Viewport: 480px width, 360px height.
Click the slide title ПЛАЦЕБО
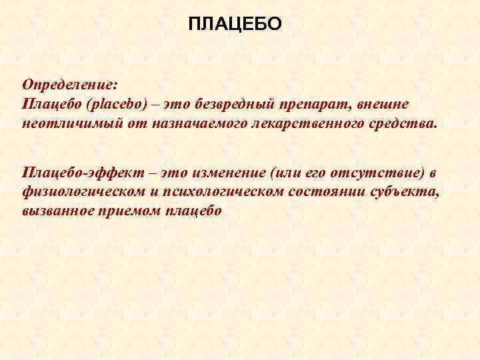pos(235,25)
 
